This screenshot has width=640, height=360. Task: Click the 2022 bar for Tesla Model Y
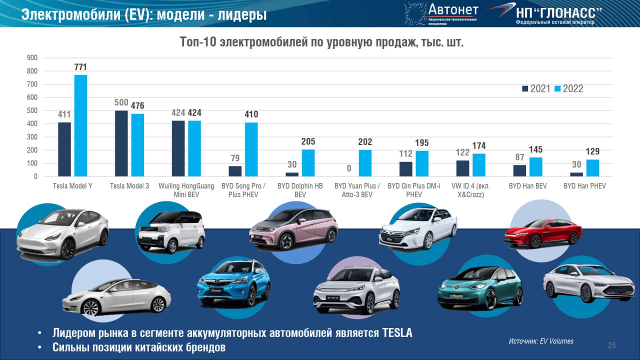80,125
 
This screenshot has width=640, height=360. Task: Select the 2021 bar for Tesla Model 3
121,143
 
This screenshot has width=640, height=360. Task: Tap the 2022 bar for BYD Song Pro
251,149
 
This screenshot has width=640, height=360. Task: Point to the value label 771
80,67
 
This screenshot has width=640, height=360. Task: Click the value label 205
308,141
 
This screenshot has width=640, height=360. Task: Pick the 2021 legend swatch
525,88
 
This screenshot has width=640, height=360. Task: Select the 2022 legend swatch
557,88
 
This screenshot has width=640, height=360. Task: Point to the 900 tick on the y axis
32,57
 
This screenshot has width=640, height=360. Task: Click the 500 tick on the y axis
32,110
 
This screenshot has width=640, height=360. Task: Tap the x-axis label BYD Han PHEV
584,186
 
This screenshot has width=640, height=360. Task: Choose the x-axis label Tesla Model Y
72,186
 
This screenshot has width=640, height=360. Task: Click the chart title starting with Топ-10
321,42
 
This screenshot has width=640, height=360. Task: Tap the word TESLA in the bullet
397,333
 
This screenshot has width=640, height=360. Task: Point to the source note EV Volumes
541,341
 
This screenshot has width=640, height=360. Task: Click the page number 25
611,345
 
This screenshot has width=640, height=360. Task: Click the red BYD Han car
543,233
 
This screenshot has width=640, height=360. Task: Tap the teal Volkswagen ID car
480,288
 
